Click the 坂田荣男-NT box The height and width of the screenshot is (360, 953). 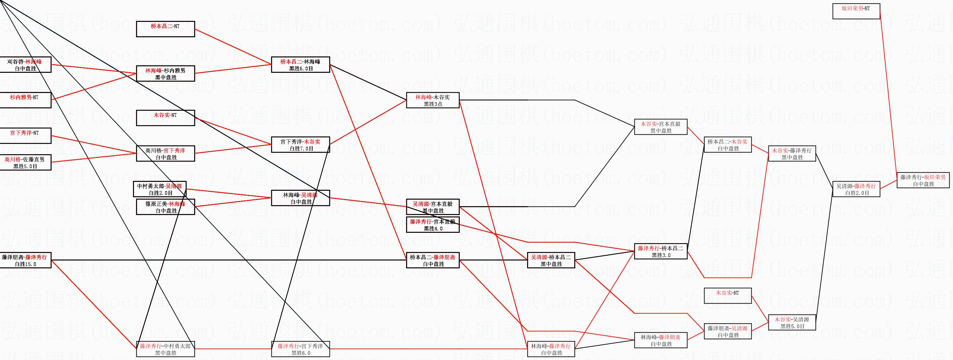point(856,11)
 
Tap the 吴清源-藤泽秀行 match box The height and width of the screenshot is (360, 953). point(856,189)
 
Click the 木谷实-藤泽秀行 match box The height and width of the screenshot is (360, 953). point(792,154)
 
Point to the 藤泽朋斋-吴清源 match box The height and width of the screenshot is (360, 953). point(728,331)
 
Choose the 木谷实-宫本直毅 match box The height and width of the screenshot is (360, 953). point(661,127)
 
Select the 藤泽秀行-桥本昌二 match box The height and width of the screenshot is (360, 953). point(661,251)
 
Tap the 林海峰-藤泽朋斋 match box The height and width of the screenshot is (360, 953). point(661,340)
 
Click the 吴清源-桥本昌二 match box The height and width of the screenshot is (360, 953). point(551,260)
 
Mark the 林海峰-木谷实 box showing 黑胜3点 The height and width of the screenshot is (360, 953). point(433,100)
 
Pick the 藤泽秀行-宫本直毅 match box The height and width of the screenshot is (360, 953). point(433,225)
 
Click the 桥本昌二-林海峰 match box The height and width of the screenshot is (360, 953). point(300,65)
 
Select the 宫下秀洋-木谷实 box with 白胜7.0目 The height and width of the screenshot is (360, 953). point(300,145)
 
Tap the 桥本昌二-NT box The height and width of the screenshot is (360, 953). point(165,29)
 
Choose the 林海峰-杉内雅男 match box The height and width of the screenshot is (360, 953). point(165,74)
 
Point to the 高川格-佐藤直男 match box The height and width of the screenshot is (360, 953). point(25,162)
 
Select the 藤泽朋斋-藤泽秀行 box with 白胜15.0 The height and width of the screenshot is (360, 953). point(25,260)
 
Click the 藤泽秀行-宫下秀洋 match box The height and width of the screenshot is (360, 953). point(300,349)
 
